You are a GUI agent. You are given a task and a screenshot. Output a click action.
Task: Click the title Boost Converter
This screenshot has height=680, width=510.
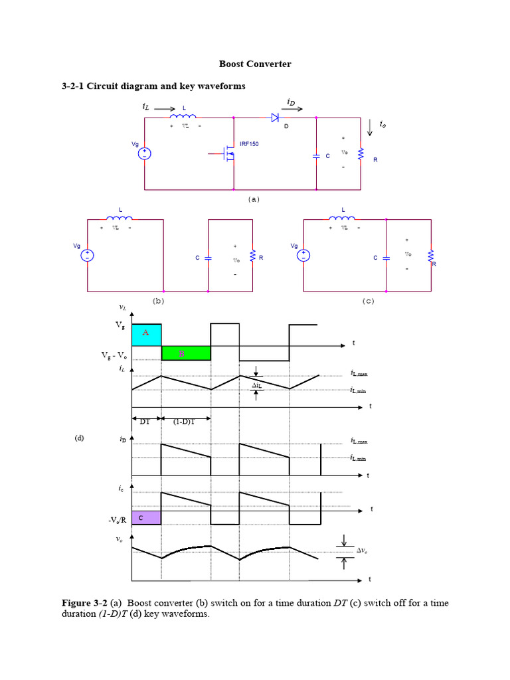pos(255,64)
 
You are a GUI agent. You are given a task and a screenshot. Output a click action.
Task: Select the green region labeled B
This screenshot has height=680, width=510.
pos(186,353)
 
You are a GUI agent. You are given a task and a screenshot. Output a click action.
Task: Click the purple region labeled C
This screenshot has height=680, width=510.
pos(146,517)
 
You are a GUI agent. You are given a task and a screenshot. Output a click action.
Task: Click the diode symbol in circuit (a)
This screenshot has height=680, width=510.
pos(274,118)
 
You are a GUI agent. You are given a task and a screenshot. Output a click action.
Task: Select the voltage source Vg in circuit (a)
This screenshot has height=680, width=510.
pos(144,153)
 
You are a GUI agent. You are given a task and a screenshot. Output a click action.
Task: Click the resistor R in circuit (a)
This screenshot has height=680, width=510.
pos(361,154)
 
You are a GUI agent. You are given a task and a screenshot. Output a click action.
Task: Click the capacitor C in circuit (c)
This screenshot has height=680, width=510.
pos(386,258)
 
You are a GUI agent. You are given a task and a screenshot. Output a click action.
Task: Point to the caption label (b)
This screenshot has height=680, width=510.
pos(158,300)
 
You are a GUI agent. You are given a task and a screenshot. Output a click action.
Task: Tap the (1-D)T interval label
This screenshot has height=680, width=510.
pos(183,420)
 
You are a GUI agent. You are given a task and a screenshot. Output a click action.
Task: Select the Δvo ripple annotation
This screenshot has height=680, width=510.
pos(363,551)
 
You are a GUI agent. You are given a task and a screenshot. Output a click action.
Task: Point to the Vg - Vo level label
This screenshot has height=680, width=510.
pos(114,356)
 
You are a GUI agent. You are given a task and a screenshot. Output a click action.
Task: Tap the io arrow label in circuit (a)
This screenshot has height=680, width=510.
pos(382,124)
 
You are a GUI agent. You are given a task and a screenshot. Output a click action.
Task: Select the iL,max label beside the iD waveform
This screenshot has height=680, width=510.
pos(358,441)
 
